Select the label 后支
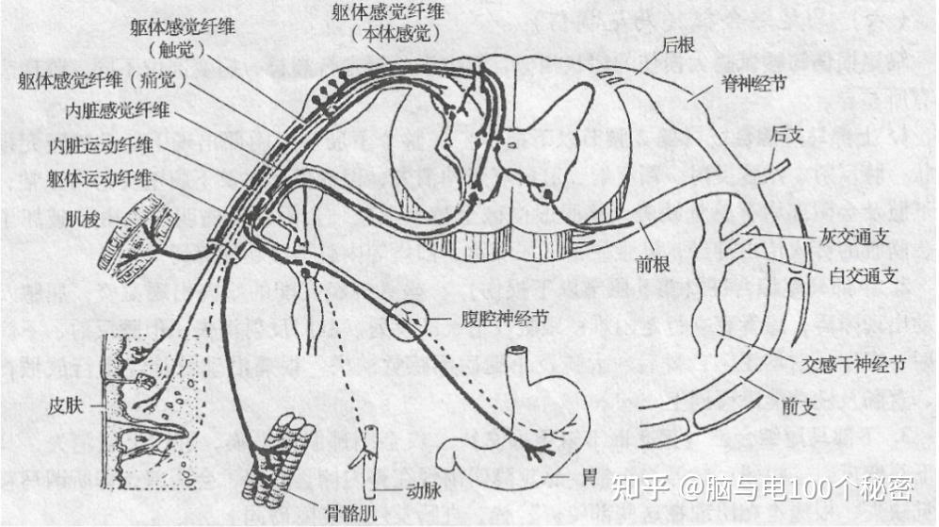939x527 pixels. [x=786, y=135]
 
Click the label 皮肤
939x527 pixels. [x=67, y=406]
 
